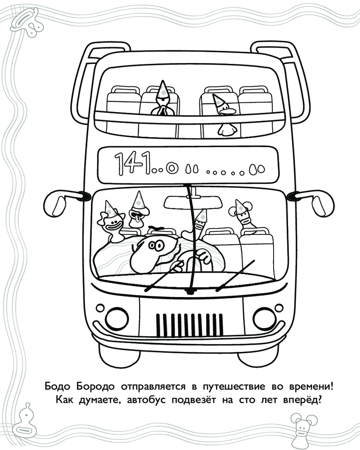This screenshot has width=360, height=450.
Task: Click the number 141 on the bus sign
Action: tap(133, 163)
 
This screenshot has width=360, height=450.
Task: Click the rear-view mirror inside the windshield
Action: tap(193, 202)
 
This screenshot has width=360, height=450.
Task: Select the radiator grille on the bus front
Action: tap(189, 325)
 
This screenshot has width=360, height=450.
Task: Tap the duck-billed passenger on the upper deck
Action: tap(225, 115)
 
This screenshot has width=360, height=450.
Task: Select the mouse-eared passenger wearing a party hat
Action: tap(243, 214)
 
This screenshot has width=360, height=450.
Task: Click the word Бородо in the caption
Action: tap(95, 387)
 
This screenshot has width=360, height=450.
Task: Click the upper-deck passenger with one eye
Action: tap(163, 99)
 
